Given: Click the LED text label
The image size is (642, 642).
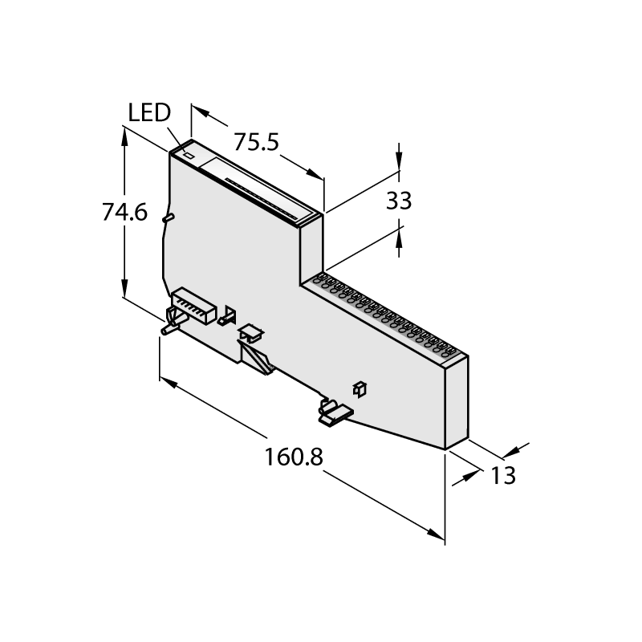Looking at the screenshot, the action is pyautogui.click(x=149, y=112).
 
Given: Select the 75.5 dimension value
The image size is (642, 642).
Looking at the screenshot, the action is pyautogui.click(x=256, y=142).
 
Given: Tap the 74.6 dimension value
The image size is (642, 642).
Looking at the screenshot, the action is pyautogui.click(x=124, y=213).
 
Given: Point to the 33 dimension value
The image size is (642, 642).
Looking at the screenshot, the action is pyautogui.click(x=399, y=201).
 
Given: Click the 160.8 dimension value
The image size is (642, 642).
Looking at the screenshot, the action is pyautogui.click(x=294, y=457).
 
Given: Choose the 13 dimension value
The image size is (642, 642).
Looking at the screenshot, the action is pyautogui.click(x=503, y=475).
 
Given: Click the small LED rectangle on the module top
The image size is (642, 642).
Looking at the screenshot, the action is pyautogui.click(x=189, y=156).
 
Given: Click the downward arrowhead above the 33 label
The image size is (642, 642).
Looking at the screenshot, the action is pyautogui.click(x=399, y=161).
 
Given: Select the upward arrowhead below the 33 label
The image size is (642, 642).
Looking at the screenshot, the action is pyautogui.click(x=399, y=239).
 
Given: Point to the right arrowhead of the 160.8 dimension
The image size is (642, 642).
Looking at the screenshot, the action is pyautogui.click(x=436, y=534).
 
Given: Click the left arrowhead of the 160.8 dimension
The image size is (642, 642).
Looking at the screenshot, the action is pyautogui.click(x=169, y=382).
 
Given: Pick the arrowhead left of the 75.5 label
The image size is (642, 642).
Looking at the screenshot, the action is pyautogui.click(x=201, y=111).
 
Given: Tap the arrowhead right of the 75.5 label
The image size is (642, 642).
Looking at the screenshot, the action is pyautogui.click(x=315, y=173).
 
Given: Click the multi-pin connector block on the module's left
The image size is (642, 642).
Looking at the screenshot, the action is pyautogui.click(x=194, y=307).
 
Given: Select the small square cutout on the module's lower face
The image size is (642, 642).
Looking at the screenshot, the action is pyautogui.click(x=360, y=389).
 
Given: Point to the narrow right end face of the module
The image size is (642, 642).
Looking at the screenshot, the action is pyautogui.click(x=457, y=403).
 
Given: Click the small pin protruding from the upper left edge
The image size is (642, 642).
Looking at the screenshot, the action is pyautogui.click(x=169, y=218).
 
